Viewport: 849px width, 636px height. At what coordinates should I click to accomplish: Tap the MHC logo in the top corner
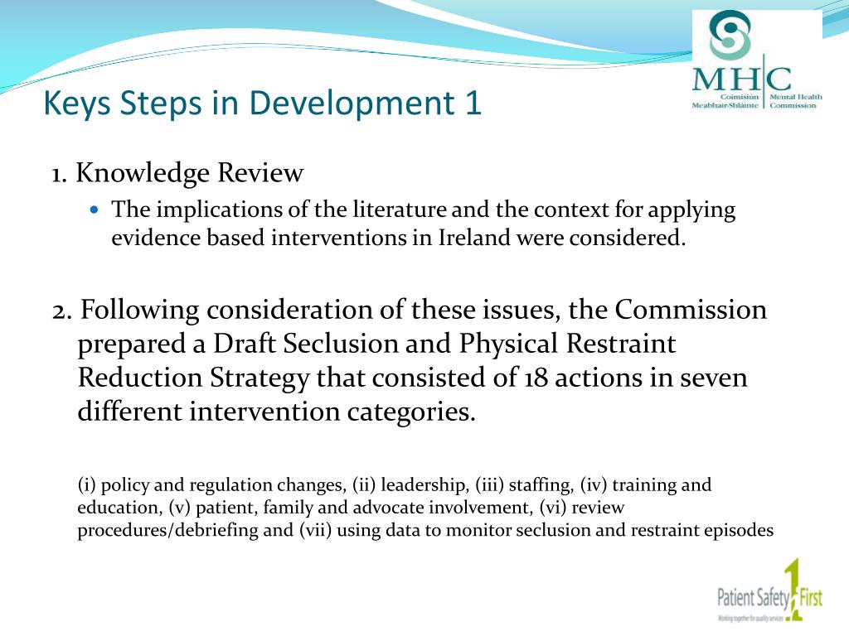click(x=756, y=63)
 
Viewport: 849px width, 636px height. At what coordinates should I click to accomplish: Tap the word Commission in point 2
click(x=691, y=310)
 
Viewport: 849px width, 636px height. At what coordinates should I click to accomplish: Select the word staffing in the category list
click(x=541, y=485)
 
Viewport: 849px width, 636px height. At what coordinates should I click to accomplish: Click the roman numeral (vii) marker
click(x=316, y=531)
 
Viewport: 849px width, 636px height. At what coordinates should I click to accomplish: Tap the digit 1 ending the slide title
click(x=473, y=104)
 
